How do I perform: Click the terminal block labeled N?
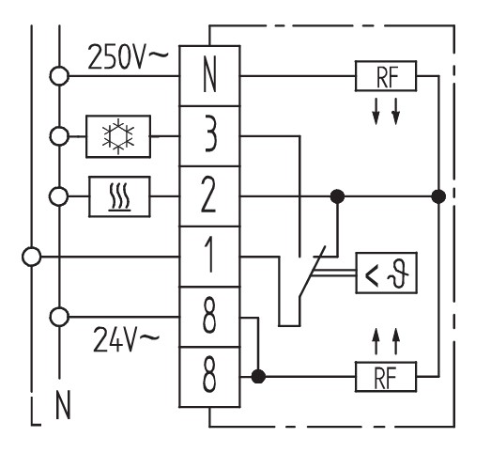tap(209, 76)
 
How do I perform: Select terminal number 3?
tap(209, 136)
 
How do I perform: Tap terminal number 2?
tap(209, 196)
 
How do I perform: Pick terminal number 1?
tap(209, 257)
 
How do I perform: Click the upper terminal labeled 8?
tap(209, 317)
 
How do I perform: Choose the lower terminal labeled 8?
tap(209, 377)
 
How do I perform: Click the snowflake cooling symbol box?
tap(118, 136)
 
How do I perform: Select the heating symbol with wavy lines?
tap(119, 196)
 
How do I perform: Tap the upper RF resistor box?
tap(386, 76)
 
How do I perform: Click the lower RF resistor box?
tap(386, 377)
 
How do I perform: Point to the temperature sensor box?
tap(387, 273)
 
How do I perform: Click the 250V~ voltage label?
tap(128, 56)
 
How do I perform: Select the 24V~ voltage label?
tap(126, 339)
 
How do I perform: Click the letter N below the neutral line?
tap(63, 405)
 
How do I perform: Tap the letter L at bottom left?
tap(36, 412)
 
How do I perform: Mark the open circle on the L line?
tap(31, 257)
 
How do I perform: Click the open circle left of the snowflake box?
tap(59, 136)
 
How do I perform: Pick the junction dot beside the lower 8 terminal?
tap(258, 376)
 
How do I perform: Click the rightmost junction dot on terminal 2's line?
tap(438, 196)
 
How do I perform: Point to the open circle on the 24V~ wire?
tap(59, 317)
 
